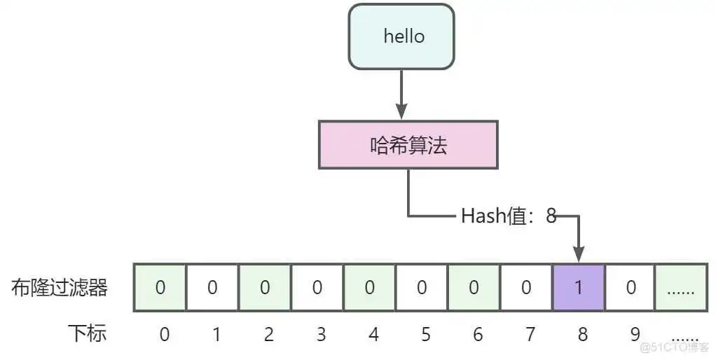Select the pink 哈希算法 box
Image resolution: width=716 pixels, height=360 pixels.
pyautogui.click(x=408, y=145)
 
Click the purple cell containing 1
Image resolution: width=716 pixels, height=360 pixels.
pyautogui.click(x=579, y=287)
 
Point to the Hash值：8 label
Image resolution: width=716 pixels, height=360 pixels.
pyautogui.click(x=508, y=216)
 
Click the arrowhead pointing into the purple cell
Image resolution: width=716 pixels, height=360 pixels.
pyautogui.click(x=579, y=254)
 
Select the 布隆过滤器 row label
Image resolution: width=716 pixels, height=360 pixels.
pyautogui.click(x=60, y=288)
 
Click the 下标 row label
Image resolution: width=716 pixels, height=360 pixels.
pyautogui.click(x=87, y=333)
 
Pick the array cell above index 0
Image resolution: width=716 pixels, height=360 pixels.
pyautogui.click(x=160, y=287)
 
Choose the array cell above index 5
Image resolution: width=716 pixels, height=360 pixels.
pyautogui.click(x=422, y=287)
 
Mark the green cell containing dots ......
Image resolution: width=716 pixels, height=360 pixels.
pyautogui.click(x=680, y=287)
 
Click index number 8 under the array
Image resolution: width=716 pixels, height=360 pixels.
pyautogui.click(x=582, y=335)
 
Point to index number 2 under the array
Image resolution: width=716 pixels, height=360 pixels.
pyautogui.click(x=268, y=335)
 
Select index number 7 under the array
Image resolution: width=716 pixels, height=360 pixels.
pyautogui.click(x=530, y=335)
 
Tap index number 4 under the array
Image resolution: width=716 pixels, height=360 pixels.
pyautogui.click(x=373, y=335)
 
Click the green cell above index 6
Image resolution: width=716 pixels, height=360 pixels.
pyautogui.click(x=474, y=287)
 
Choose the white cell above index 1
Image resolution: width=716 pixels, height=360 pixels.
pyautogui.click(x=212, y=287)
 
